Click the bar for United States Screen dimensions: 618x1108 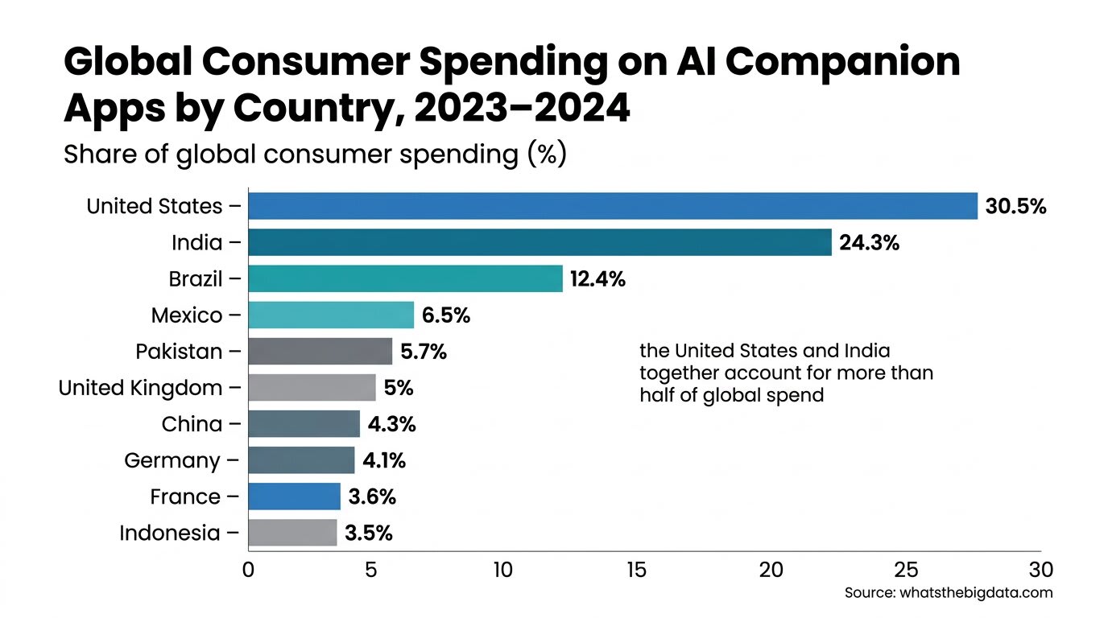coord(612,206)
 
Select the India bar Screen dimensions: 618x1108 coord(540,242)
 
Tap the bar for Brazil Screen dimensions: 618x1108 coord(405,279)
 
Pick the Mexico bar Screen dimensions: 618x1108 coord(331,315)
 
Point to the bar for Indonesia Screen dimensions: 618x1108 coord(292,533)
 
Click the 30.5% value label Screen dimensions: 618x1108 coord(1015,207)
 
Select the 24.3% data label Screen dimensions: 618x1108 coord(869,243)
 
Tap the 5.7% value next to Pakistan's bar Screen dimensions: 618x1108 coord(424,352)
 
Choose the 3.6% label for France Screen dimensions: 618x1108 coord(372,497)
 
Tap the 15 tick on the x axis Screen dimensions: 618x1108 coord(636,571)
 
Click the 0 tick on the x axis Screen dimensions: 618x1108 coord(248,571)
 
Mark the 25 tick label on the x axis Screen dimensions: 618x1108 coord(906,571)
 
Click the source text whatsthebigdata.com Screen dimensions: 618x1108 coord(949,593)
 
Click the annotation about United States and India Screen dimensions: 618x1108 coord(786,373)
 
